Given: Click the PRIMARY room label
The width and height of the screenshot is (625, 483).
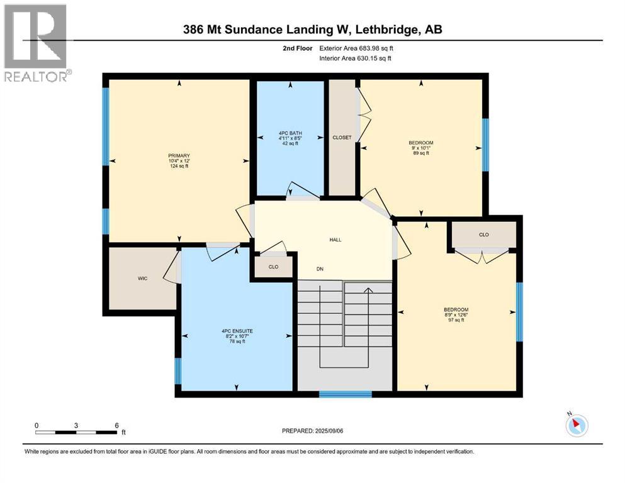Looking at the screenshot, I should click(x=179, y=160).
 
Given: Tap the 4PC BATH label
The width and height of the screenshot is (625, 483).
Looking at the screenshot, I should click(x=289, y=138).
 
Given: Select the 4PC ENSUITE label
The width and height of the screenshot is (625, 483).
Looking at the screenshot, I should click(x=237, y=336).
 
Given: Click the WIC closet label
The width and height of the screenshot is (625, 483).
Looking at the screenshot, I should click(x=143, y=278).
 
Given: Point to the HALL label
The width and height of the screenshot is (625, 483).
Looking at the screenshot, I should click(x=335, y=240).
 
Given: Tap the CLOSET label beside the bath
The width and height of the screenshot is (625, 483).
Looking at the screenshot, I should click(x=342, y=137).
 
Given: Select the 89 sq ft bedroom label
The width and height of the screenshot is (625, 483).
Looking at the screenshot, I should click(x=420, y=148).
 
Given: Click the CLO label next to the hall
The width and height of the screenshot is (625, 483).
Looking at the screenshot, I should click(x=273, y=267).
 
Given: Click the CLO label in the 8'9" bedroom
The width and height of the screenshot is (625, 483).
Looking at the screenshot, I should click(x=483, y=235).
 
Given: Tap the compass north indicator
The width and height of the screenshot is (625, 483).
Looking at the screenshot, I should click(x=575, y=425).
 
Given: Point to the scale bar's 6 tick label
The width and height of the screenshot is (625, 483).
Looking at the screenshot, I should click(x=116, y=425).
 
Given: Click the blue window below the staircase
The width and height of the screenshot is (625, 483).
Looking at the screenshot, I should click(x=345, y=394).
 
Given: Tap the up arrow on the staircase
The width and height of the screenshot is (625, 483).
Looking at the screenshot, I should click(x=368, y=291).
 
